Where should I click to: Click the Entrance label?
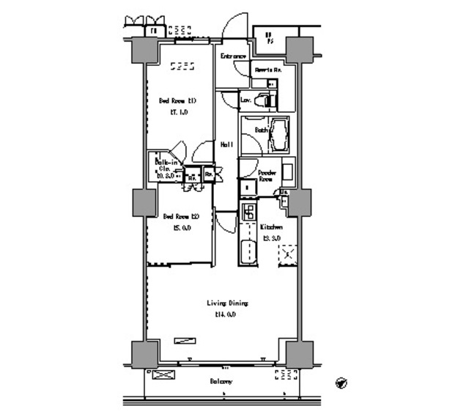(233, 56)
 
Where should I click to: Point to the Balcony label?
(221, 382)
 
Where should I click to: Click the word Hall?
(227, 144)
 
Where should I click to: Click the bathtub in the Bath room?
(279, 135)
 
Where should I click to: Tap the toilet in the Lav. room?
(267, 100)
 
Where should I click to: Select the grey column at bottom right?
(299, 354)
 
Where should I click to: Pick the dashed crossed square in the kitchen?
(287, 254)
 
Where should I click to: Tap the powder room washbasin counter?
(288, 173)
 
